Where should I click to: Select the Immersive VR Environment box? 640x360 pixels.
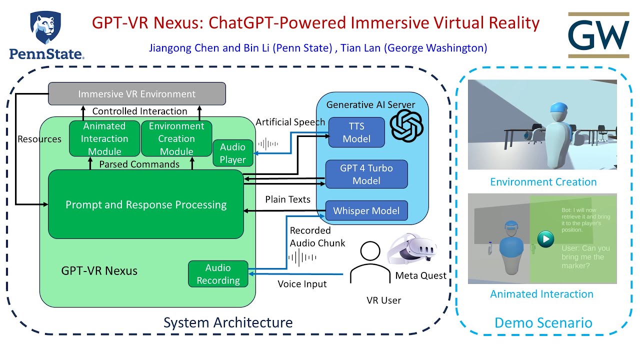(136, 94)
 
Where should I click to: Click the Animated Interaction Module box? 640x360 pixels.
(104, 138)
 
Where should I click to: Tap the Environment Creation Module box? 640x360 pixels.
(176, 138)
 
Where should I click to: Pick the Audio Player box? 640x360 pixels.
(232, 153)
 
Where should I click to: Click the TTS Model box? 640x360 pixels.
(356, 132)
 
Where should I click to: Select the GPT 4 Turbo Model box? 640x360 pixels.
(366, 174)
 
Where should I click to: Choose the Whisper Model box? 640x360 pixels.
(366, 210)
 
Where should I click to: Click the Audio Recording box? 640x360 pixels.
(218, 274)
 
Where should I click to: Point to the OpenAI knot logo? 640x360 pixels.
(406, 126)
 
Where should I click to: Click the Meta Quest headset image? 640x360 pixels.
(411, 250)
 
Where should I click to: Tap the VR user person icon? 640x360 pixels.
(369, 263)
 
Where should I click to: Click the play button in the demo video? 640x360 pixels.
(545, 239)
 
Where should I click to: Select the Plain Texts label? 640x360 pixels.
(287, 199)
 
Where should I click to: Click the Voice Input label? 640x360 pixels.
(302, 284)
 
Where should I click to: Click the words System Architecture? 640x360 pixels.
(228, 322)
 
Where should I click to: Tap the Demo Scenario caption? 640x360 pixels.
(543, 322)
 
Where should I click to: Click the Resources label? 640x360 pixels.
(39, 139)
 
